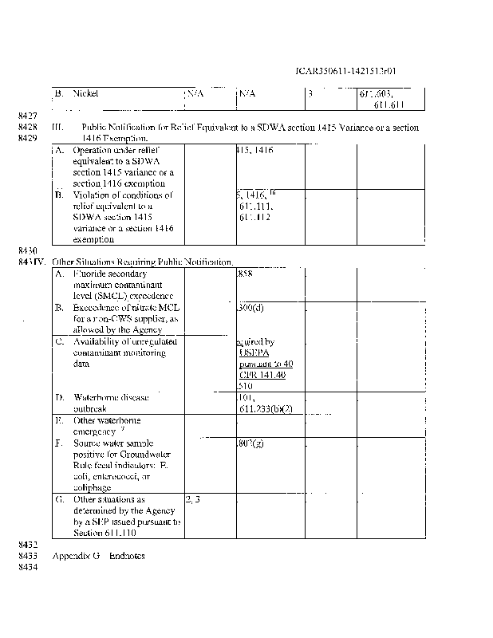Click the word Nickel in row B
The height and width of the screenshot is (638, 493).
click(85, 93)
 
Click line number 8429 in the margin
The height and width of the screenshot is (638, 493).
click(28, 138)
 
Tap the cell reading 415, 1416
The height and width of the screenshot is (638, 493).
click(257, 150)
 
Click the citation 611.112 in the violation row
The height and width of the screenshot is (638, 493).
click(255, 216)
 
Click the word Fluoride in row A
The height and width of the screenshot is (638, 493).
click(90, 273)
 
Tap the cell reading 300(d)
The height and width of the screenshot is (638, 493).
click(251, 306)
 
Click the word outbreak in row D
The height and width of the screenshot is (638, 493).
click(90, 408)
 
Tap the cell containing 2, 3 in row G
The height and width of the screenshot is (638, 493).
click(194, 499)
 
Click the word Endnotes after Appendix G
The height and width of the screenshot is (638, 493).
click(127, 556)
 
